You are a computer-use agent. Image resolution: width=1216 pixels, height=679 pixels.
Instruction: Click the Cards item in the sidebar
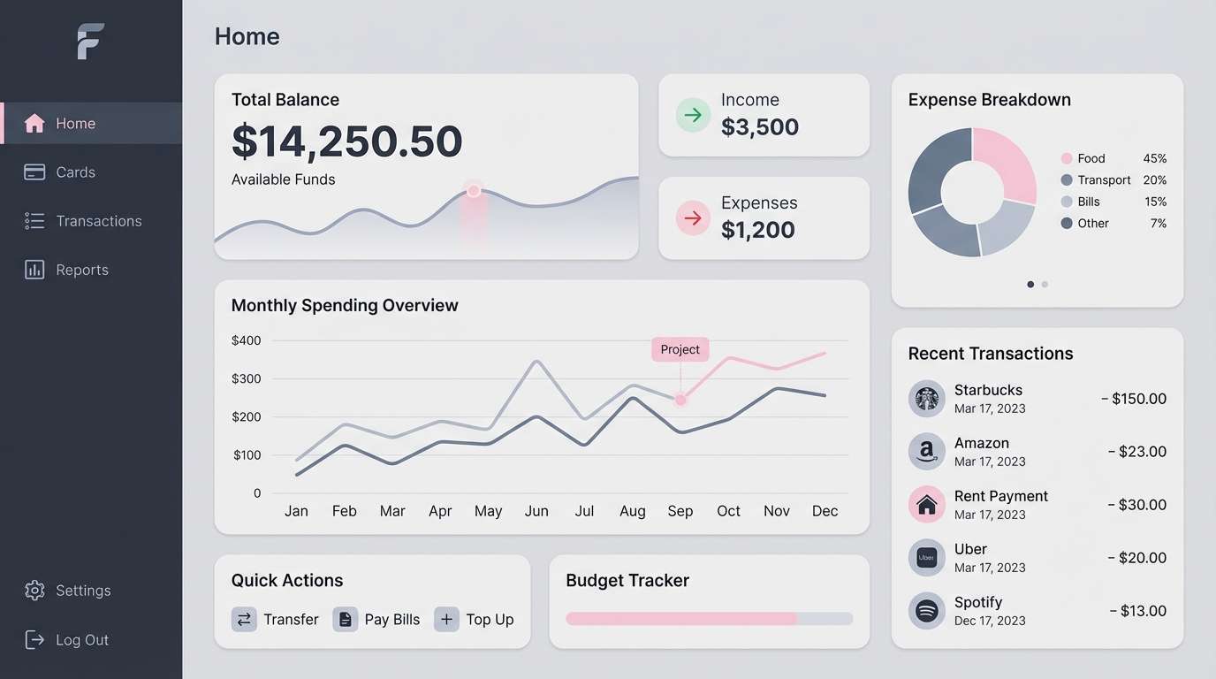[74, 172]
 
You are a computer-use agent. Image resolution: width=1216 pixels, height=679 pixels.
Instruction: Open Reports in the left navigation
[81, 270]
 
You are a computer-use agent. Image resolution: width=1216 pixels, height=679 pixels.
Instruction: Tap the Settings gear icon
[34, 591]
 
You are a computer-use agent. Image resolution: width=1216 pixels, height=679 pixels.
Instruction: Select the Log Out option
[81, 640]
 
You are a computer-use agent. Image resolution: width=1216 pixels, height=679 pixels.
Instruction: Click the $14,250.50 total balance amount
[346, 141]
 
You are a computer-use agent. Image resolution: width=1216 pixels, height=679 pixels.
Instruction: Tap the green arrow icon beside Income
[693, 115]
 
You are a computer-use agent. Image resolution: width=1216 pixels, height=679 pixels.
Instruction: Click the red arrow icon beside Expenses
[693, 217]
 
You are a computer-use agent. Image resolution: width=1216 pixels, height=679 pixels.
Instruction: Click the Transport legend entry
[1103, 180]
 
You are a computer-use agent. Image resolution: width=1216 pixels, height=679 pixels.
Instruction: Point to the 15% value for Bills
[1155, 202]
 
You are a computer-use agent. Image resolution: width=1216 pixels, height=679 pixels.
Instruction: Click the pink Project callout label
[680, 349]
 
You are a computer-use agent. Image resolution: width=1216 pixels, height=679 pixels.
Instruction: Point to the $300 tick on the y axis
[246, 378]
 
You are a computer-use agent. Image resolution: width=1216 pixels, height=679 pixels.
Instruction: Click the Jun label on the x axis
[536, 511]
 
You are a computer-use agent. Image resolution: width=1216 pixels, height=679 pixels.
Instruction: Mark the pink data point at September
[680, 400]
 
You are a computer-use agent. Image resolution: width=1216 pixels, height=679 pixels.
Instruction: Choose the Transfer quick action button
[276, 619]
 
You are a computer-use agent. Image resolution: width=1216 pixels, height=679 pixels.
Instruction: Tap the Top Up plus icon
[446, 619]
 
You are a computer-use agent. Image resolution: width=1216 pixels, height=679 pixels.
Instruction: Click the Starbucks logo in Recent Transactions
[926, 399]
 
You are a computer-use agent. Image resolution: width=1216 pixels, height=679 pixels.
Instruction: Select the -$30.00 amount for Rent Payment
[1136, 505]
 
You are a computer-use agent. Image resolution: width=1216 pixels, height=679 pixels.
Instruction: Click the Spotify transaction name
[977, 602]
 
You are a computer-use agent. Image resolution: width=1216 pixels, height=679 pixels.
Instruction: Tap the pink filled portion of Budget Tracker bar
[680, 619]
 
